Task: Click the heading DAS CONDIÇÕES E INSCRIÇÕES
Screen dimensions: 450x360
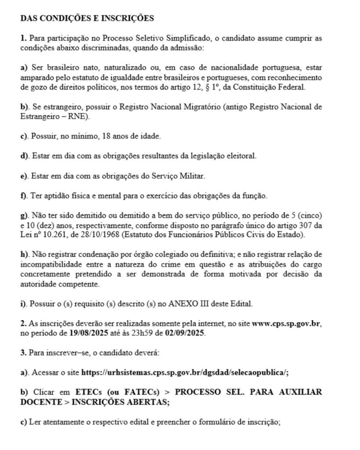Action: point(87,18)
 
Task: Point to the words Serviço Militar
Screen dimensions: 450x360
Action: point(180,176)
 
